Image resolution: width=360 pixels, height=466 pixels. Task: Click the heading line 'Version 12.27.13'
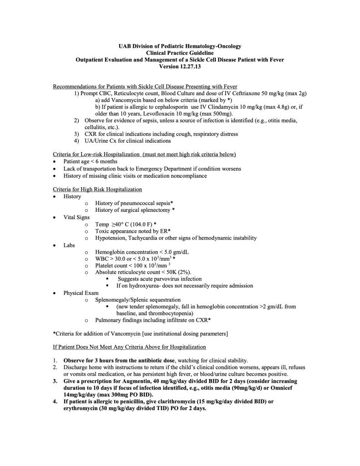pos(180,66)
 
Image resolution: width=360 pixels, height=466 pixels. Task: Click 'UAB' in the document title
pos(125,46)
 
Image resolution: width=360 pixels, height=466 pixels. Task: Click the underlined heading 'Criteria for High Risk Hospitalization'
pos(97,189)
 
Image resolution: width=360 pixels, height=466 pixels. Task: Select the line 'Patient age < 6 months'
pos(90,162)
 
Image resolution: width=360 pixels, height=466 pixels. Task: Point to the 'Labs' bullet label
pos(69,245)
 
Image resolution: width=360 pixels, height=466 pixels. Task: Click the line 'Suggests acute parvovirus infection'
pos(160,279)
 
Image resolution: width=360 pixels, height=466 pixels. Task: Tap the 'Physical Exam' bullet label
pos(81,293)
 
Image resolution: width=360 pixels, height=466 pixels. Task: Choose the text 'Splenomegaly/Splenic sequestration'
pos(138,300)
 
